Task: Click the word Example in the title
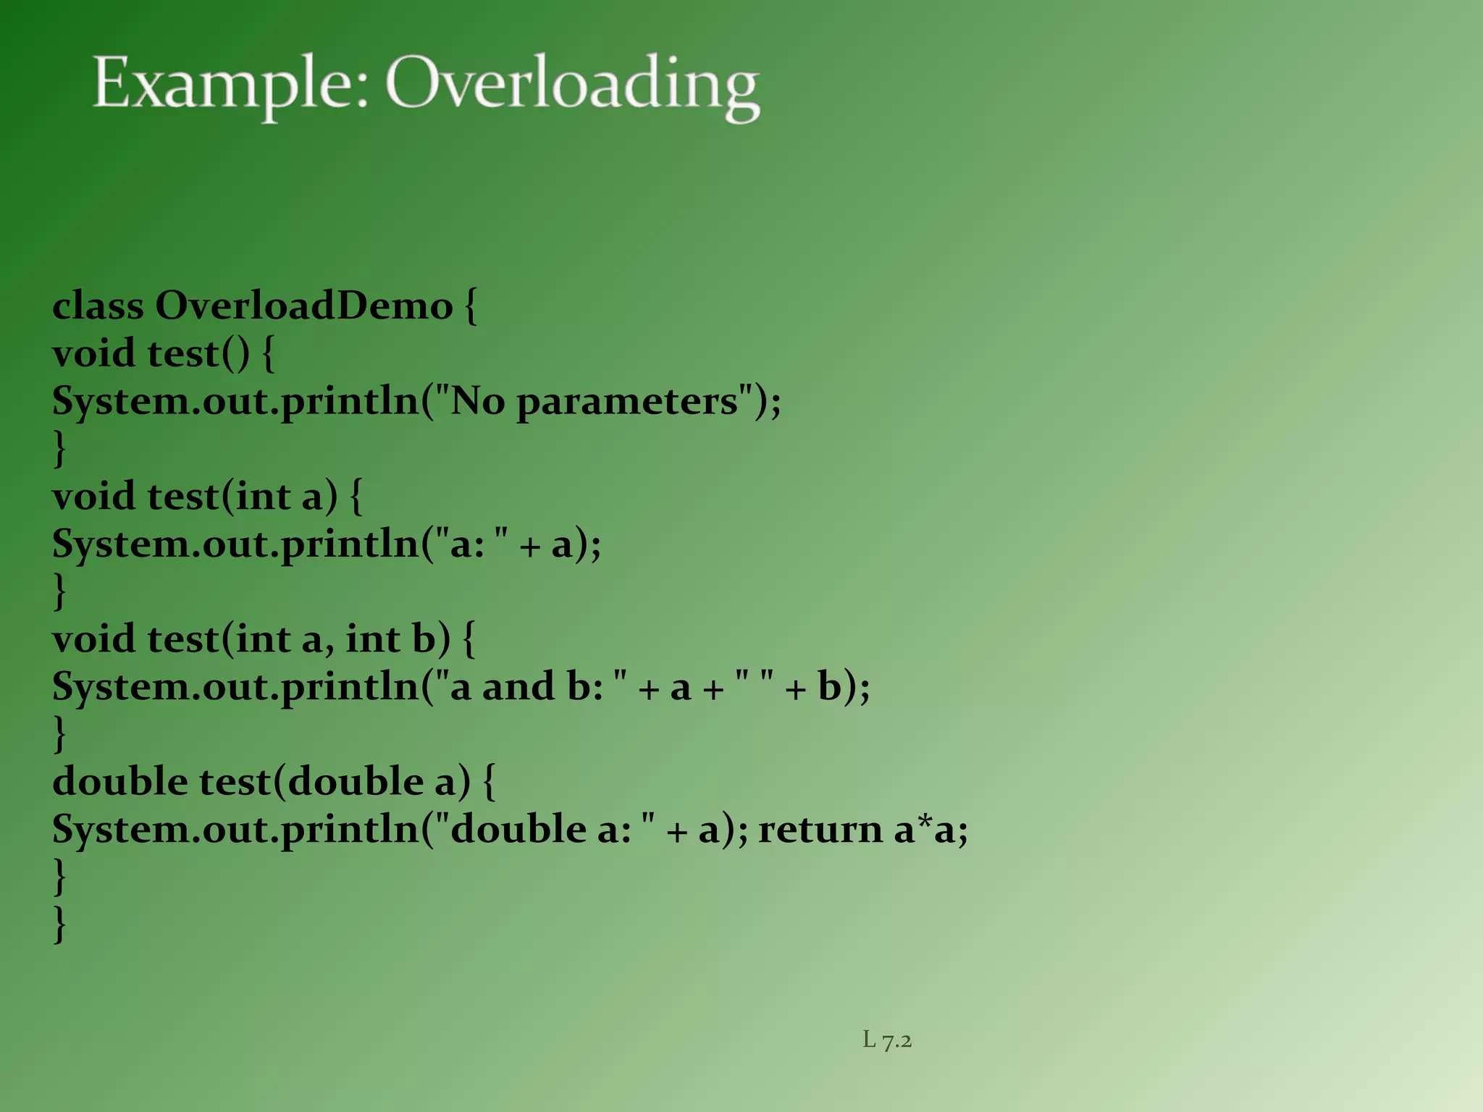(230, 85)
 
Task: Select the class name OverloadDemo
(303, 306)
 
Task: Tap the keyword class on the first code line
(98, 306)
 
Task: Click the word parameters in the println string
(627, 401)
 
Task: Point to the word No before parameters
(478, 401)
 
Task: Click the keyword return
(820, 830)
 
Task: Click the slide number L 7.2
(887, 1040)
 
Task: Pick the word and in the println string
(518, 687)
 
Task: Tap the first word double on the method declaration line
(120, 782)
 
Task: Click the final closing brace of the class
(60, 924)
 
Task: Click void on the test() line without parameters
(93, 353)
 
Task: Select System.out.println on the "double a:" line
(236, 830)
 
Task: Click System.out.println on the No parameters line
(236, 401)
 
